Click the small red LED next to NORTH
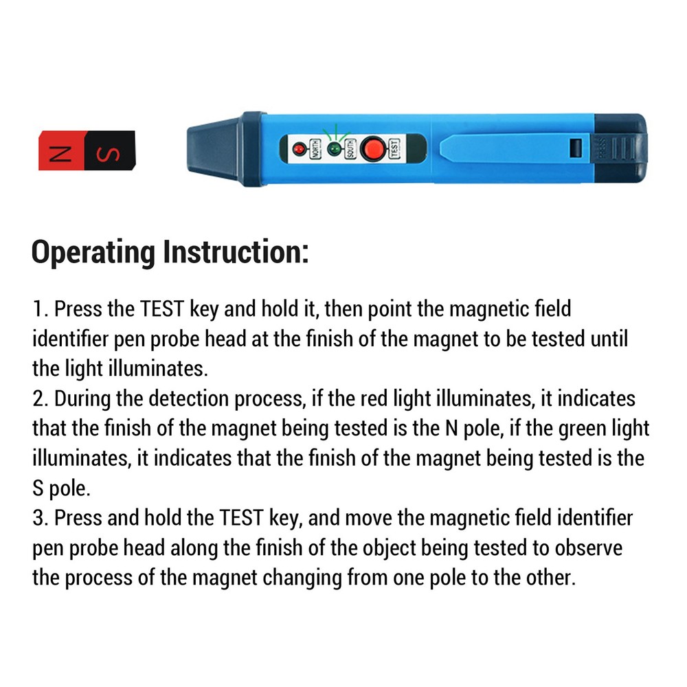point(299,148)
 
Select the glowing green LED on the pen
point(334,148)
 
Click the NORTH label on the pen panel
point(315,148)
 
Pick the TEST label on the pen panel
point(394,148)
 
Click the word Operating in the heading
point(93,253)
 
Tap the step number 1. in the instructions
point(40,309)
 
